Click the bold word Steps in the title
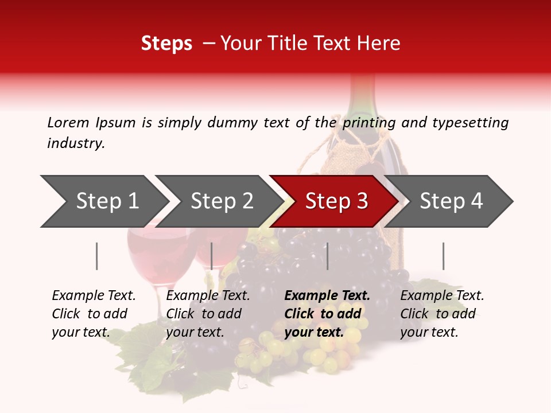[166, 44]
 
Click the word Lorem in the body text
[68, 122]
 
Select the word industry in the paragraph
[75, 143]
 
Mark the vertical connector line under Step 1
[97, 256]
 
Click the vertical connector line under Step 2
[212, 256]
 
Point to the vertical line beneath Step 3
[327, 256]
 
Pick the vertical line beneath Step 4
[443, 256]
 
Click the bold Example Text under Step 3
[327, 295]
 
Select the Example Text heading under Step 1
[94, 295]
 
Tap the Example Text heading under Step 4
[442, 295]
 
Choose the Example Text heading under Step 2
[208, 295]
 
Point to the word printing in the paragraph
[370, 122]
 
